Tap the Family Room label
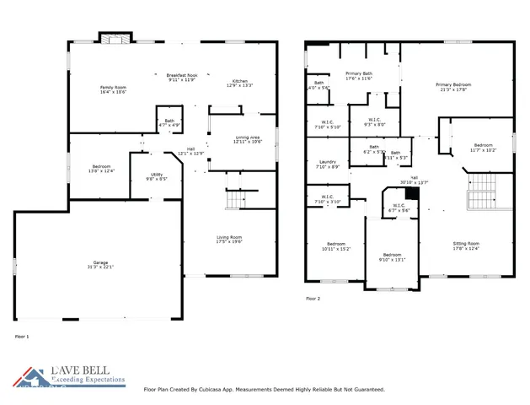tap(113, 89)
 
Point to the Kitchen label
tap(240, 83)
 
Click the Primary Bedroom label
tap(452, 86)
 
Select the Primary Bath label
tap(358, 76)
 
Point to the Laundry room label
tap(329, 165)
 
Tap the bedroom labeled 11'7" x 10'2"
tap(483, 147)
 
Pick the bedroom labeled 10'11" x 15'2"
tap(335, 246)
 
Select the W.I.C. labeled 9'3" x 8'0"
tap(373, 121)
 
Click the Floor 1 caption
tap(22, 336)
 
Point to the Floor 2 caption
tap(312, 299)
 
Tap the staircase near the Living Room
tap(236, 200)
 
